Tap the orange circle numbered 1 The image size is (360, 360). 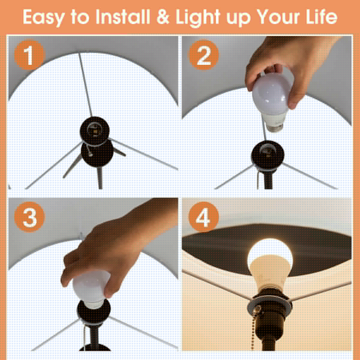[29, 55]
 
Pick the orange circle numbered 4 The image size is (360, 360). [204, 217]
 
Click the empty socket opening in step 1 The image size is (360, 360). [94, 130]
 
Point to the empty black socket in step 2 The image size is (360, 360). [268, 155]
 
